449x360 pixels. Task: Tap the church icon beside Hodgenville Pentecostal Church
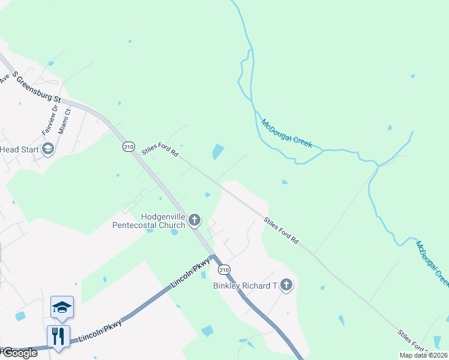tap(194, 220)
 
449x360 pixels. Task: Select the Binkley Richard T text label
tap(245, 286)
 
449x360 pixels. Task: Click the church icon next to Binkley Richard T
tap(286, 285)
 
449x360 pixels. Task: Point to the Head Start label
tap(19, 149)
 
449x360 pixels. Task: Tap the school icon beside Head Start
tap(48, 149)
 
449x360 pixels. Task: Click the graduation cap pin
tap(62, 307)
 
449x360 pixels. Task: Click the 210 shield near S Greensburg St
tap(128, 146)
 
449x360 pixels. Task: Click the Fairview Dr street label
tap(49, 119)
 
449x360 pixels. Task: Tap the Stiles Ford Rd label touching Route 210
tap(161, 151)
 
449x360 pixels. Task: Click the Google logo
tap(19, 353)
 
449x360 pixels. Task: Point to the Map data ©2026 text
tap(423, 355)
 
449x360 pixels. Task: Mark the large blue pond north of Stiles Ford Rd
tap(218, 152)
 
